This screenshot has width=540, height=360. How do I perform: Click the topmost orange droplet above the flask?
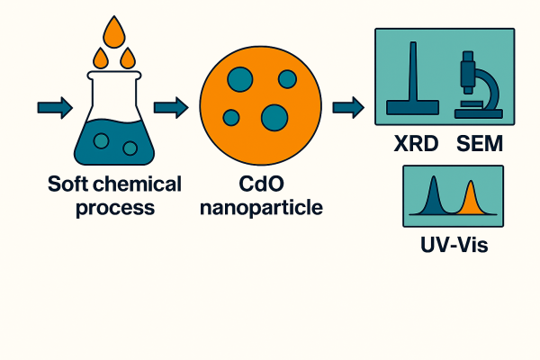(x=113, y=33)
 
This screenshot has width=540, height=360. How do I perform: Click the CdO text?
(x=257, y=185)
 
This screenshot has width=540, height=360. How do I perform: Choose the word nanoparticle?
(x=257, y=209)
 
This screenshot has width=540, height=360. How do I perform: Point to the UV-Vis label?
(x=453, y=244)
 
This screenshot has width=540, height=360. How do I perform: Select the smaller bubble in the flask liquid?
(x=130, y=148)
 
